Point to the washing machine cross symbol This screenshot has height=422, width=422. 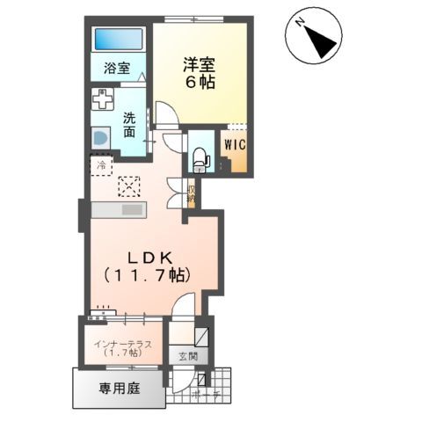(102, 99)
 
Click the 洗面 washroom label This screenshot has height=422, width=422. (128, 124)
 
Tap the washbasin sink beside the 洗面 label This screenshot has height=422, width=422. (99, 139)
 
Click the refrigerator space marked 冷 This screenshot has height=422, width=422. (102, 164)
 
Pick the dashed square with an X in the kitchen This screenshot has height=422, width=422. (129, 186)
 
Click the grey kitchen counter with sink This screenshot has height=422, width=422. (119, 211)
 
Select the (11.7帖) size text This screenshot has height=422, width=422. (150, 276)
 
